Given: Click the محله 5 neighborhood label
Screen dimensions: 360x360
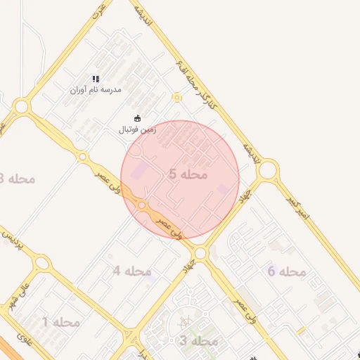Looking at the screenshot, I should [188, 173].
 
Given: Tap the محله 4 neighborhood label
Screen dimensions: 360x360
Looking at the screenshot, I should [132, 271].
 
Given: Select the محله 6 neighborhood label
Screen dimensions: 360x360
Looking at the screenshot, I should [286, 271].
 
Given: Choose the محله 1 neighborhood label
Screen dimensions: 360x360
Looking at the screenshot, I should [60, 322].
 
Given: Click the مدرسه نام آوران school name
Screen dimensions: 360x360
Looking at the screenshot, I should [96, 90].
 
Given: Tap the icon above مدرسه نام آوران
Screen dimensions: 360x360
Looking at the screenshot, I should [96, 79].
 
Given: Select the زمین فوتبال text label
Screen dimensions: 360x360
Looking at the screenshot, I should [136, 129].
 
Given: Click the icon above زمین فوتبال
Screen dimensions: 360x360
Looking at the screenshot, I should [136, 118].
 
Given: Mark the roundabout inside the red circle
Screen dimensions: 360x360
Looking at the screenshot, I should [143, 205].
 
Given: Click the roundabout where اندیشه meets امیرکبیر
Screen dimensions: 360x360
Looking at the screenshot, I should [268, 169].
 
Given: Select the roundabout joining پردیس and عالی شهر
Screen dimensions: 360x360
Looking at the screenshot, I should [43, 264].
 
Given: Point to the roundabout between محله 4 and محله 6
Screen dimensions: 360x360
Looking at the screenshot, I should [201, 252].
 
